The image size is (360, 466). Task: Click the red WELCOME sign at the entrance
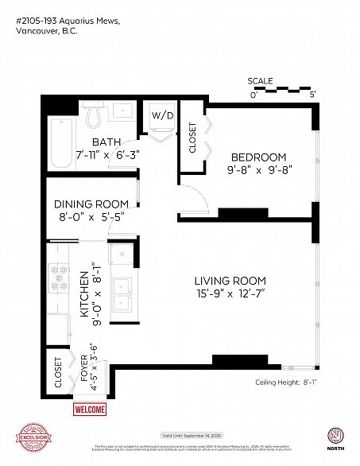pos(89,410)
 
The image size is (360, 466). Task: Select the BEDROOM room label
pos(258,157)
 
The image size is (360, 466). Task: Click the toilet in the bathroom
pos(92,116)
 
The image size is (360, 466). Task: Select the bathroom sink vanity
pos(123,111)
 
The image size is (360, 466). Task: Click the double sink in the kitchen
pos(122,295)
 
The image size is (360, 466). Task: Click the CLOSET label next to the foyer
pos(58,373)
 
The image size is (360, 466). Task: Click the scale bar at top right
pos(283,90)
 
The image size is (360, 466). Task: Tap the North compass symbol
pos(335,437)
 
